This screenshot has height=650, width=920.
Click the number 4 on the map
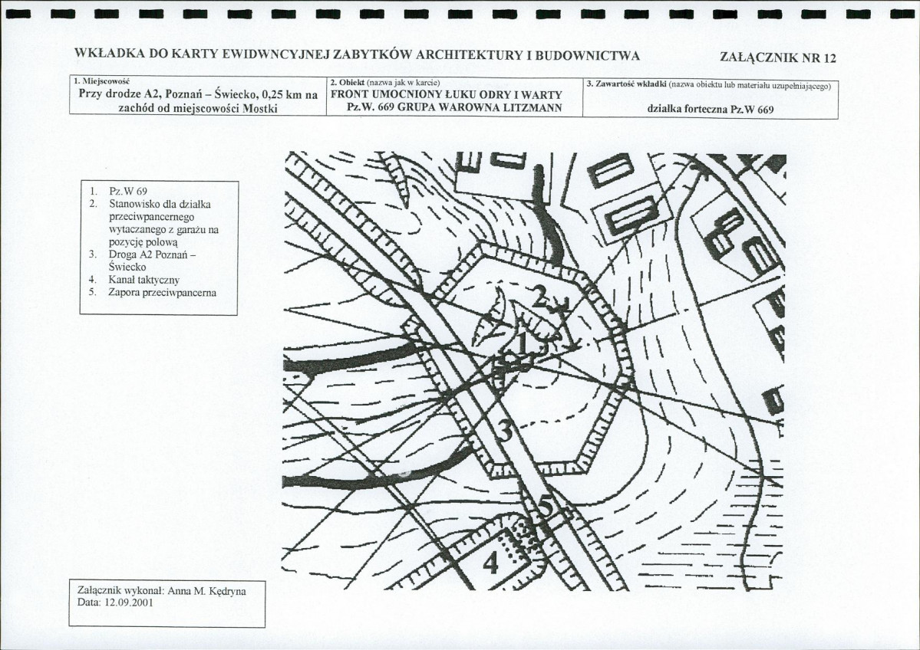point(490,564)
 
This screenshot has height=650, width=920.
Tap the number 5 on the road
point(546,507)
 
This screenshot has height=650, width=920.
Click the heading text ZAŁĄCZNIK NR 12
point(777,58)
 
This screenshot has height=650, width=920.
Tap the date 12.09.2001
point(128,602)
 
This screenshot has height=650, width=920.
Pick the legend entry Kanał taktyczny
point(143,281)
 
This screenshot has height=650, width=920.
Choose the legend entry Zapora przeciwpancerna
point(163,293)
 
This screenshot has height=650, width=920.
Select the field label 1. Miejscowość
point(94,80)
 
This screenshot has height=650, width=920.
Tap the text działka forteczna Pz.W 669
point(711,110)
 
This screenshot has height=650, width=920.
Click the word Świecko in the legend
point(127,268)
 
